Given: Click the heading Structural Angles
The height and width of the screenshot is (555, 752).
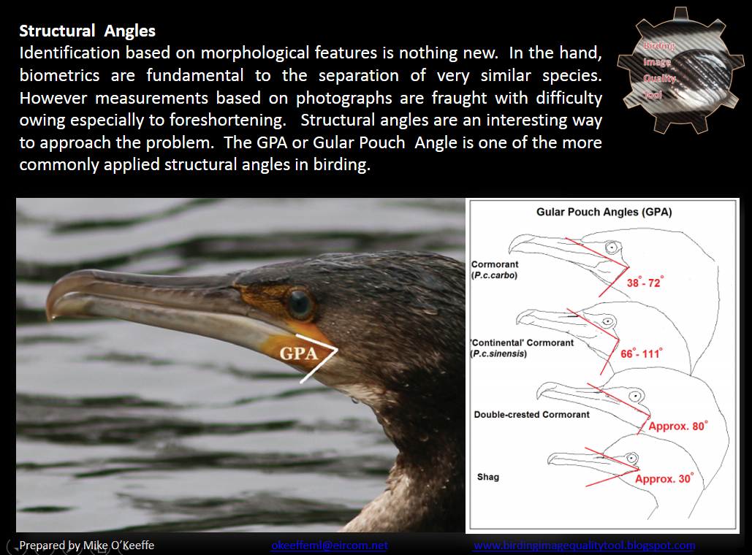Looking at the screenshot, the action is click(87, 31).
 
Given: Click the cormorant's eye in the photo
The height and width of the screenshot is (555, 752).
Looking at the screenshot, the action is click(300, 303).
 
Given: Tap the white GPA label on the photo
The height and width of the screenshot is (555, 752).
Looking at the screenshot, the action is click(300, 353).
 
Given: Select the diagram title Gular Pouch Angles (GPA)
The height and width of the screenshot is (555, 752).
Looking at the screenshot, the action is click(604, 213).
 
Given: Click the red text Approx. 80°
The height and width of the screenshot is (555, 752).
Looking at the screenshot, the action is click(677, 426).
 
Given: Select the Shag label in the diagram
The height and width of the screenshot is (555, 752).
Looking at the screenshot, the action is click(487, 477).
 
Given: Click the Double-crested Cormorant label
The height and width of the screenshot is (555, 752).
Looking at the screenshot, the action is click(531, 414).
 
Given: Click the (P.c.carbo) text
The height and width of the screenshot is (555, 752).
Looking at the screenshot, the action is click(495, 275).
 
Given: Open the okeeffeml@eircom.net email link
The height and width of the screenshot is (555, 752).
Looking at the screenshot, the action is click(329, 546).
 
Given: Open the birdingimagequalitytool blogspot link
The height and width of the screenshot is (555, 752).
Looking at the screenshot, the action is click(584, 546).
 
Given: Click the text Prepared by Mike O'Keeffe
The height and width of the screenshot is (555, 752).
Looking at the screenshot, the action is click(87, 546).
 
